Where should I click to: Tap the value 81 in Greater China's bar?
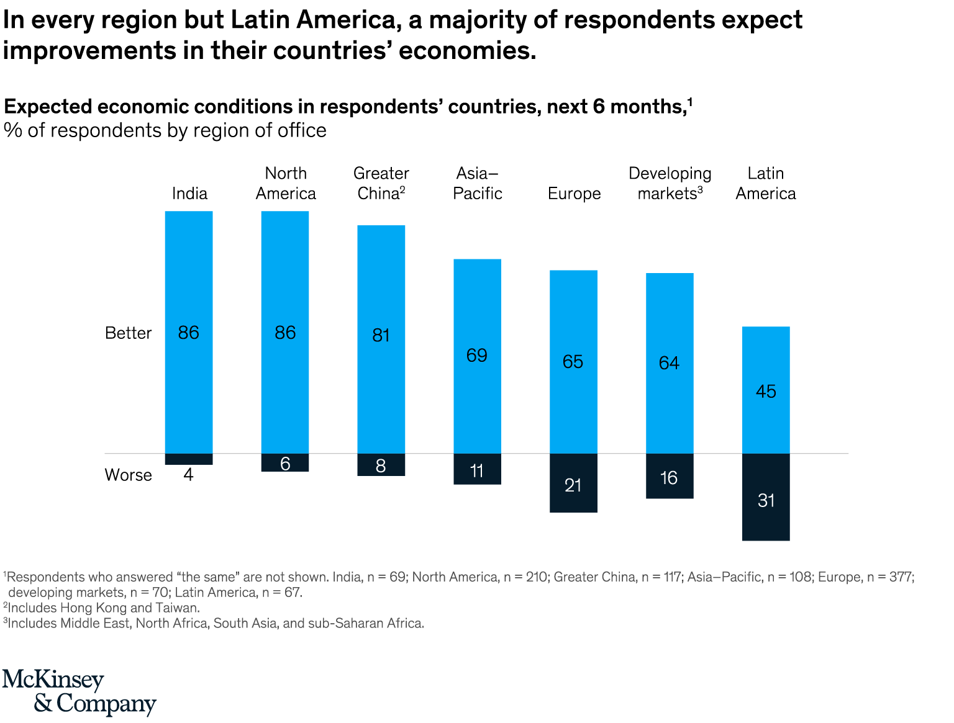click(x=381, y=335)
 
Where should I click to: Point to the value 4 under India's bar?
click(x=189, y=475)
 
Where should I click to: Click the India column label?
click(x=189, y=194)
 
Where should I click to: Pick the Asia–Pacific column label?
click(x=477, y=184)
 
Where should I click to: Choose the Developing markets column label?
click(x=670, y=184)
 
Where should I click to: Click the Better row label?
click(x=129, y=333)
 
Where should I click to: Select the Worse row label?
click(x=129, y=475)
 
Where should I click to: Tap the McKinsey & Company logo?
click(x=79, y=692)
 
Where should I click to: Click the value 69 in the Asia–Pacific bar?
click(x=477, y=355)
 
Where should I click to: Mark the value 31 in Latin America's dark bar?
click(x=766, y=500)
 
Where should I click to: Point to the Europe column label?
click(x=574, y=194)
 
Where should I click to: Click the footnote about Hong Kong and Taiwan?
click(x=102, y=608)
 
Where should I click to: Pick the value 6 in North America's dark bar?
click(x=285, y=464)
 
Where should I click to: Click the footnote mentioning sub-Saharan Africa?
click(x=215, y=623)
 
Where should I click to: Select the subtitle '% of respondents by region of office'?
click(x=165, y=130)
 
